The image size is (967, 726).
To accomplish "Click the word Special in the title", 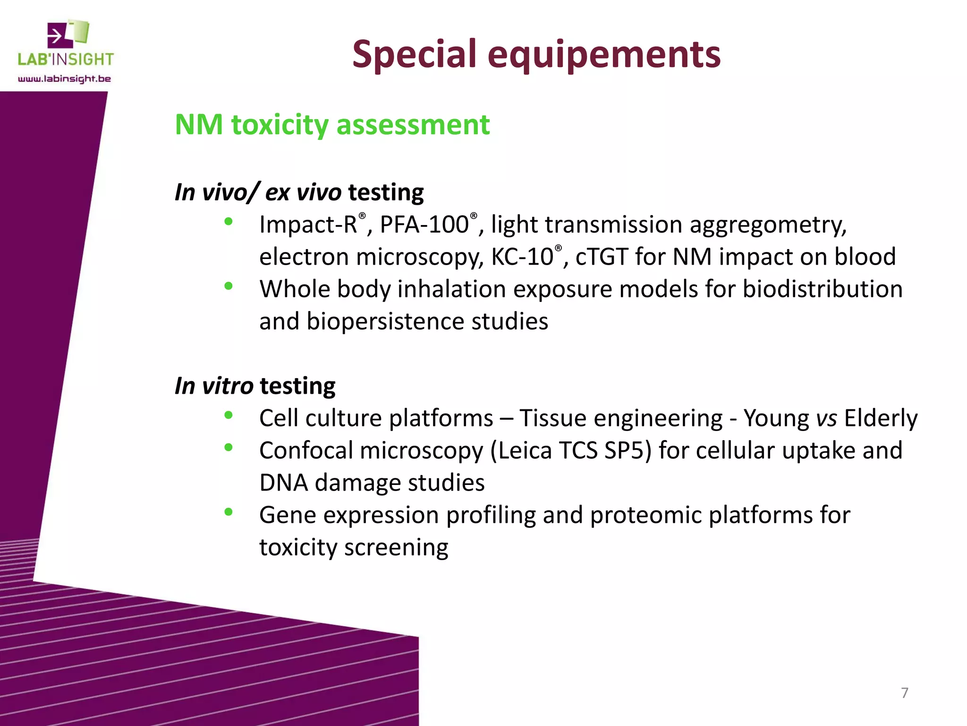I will [415, 55].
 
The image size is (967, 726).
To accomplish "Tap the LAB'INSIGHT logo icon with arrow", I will [68, 34].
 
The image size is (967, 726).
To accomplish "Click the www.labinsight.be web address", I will [64, 79].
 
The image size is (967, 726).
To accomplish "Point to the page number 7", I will [904, 693].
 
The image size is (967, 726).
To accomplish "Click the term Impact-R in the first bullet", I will [308, 225].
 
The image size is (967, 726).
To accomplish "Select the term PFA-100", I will [424, 225].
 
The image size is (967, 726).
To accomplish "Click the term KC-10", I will [522, 257].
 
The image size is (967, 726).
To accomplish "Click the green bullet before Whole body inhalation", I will [229, 285].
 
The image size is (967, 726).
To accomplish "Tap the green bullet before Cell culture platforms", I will [229, 415].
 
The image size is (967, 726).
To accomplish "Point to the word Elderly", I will [881, 419].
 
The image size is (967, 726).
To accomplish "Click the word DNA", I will [283, 483].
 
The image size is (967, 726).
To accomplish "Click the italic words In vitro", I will [213, 386].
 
